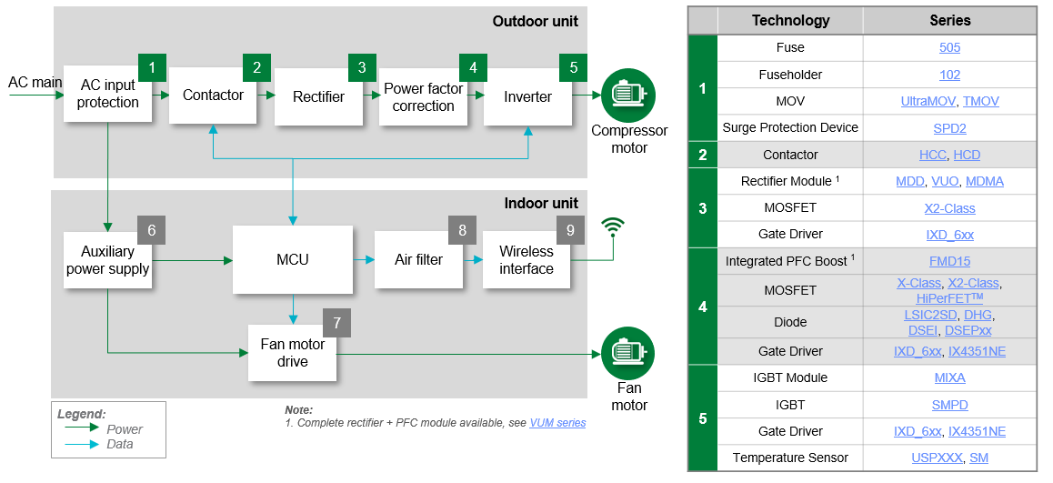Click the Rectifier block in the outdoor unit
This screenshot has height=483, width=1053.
coord(318,96)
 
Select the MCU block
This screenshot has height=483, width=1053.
coord(292,260)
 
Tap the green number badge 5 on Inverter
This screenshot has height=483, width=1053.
coord(573,67)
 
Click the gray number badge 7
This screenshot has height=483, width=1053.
coord(336,323)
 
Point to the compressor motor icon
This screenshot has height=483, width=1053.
coord(627,96)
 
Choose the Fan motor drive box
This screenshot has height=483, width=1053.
coord(292,353)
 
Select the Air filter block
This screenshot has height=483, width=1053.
coord(418,260)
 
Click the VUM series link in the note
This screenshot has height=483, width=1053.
coord(557,423)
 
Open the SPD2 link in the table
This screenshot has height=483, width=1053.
coord(949,127)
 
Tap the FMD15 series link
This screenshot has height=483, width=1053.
coord(949,261)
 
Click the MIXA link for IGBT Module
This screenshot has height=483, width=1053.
coord(949,377)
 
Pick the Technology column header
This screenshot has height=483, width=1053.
coord(790,20)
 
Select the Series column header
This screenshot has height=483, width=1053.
coord(949,20)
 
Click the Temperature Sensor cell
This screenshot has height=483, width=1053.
coord(790,458)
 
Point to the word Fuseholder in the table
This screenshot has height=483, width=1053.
coord(790,75)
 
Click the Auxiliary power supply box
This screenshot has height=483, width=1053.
coord(107,260)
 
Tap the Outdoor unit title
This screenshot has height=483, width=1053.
coord(535,21)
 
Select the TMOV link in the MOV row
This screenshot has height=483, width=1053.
coord(980,101)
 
